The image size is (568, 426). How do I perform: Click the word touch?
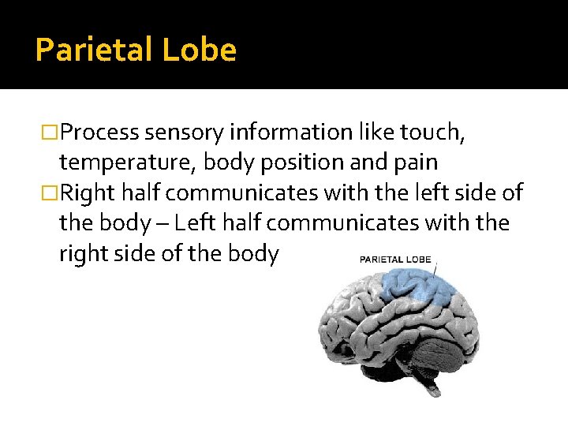click(437, 133)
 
